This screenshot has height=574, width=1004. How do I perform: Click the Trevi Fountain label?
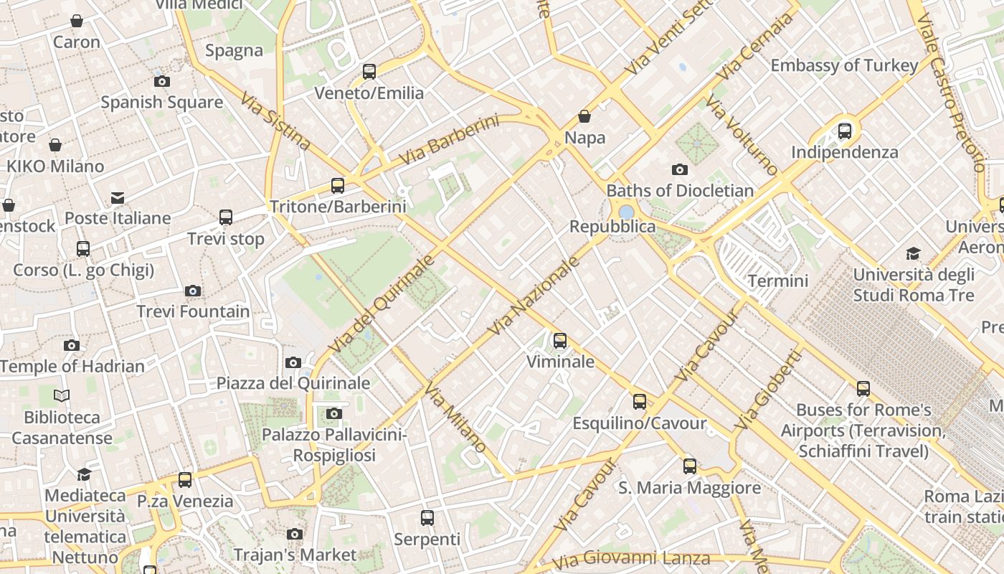click(193, 311)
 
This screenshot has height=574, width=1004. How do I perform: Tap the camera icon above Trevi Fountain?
click(192, 291)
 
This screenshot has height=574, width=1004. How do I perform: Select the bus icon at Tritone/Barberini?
click(338, 186)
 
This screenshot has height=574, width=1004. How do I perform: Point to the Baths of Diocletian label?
click(680, 191)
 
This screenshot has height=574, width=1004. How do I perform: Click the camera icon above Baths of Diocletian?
click(679, 170)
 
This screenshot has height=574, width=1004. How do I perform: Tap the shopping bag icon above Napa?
click(584, 116)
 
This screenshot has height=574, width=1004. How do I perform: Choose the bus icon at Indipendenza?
click(845, 131)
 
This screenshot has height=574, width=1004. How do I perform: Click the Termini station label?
click(777, 281)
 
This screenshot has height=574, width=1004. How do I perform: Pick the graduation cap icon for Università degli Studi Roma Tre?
click(913, 253)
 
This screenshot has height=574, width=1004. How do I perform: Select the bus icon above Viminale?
click(560, 341)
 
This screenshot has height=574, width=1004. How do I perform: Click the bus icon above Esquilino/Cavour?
click(639, 402)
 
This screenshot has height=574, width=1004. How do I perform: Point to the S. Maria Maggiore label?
click(689, 488)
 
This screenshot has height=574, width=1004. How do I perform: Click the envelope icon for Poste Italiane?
click(118, 198)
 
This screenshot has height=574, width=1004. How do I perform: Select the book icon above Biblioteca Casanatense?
click(62, 395)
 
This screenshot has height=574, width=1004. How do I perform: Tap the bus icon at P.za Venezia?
click(185, 479)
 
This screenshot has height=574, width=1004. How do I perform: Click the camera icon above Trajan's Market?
click(294, 534)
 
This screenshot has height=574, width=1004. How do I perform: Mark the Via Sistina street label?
click(275, 121)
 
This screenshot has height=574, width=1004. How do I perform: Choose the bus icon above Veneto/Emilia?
click(369, 72)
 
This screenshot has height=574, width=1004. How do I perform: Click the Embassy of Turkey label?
click(844, 65)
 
